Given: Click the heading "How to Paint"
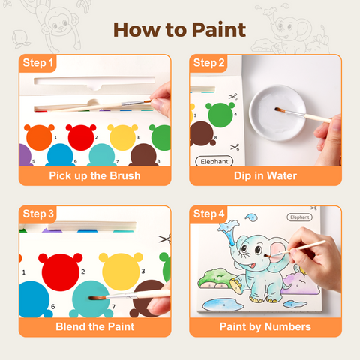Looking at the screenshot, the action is [180, 30].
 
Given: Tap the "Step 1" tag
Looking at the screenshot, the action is [37, 63].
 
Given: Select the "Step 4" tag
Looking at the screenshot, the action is [208, 214].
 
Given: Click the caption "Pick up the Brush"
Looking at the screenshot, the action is [94, 175].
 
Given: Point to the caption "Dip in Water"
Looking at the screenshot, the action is [265, 175].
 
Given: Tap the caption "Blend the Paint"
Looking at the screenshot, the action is [95, 326].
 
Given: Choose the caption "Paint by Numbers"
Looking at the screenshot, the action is [265, 326].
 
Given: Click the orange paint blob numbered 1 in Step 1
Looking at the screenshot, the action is [39, 137].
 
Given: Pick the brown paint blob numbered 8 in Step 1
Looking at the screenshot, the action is [143, 155].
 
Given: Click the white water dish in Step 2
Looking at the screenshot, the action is [277, 113].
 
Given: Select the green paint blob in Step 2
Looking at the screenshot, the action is [220, 115].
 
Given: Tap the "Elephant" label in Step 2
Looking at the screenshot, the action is [214, 161].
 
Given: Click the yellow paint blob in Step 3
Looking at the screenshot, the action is [121, 271].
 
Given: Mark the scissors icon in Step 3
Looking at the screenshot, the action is [165, 239].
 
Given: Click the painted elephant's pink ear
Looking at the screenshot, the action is [278, 251].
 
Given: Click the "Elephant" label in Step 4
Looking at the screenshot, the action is [299, 217].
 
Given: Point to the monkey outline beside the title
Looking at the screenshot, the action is [60, 25].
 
